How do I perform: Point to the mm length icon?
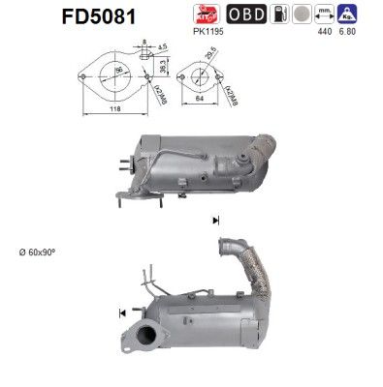339,17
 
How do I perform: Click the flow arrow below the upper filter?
214,222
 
